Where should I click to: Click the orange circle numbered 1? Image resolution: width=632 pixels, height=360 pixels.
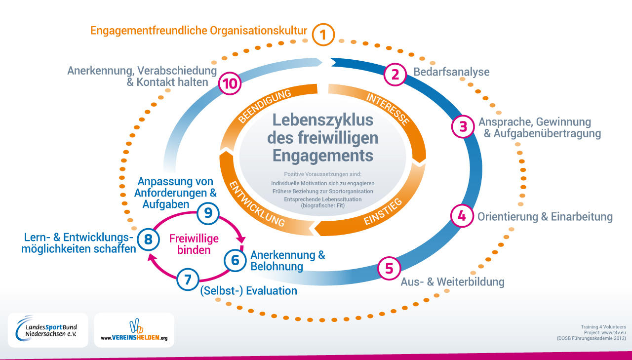click(323, 35)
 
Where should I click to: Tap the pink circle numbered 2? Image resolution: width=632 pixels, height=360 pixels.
click(395, 74)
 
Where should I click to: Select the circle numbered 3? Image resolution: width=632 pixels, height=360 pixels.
click(463, 126)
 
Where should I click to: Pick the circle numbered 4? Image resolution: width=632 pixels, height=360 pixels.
click(462, 216)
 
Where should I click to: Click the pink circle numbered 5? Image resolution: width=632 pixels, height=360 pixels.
click(389, 268)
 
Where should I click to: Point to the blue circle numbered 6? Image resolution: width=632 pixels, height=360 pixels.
click(236, 260)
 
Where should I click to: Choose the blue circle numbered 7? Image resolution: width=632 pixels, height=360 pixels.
click(188, 280)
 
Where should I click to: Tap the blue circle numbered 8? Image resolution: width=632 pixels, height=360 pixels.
click(149, 240)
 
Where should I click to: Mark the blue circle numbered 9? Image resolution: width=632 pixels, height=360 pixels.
click(208, 213)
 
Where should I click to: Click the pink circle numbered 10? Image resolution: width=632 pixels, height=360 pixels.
click(230, 83)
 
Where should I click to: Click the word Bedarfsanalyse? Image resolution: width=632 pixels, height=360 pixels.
click(451, 72)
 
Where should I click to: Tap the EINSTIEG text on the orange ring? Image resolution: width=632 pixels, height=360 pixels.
click(383, 211)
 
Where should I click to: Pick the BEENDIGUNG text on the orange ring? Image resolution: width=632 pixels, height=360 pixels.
click(264, 106)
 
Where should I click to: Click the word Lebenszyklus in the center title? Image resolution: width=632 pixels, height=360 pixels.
click(323, 120)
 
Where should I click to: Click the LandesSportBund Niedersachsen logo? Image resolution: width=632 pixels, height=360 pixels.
click(48, 330)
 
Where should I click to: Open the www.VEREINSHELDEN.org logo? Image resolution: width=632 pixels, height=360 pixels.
click(134, 330)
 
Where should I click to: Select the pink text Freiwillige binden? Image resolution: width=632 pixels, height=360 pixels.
click(194, 244)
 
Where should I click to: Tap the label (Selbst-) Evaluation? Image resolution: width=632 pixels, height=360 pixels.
click(248, 291)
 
